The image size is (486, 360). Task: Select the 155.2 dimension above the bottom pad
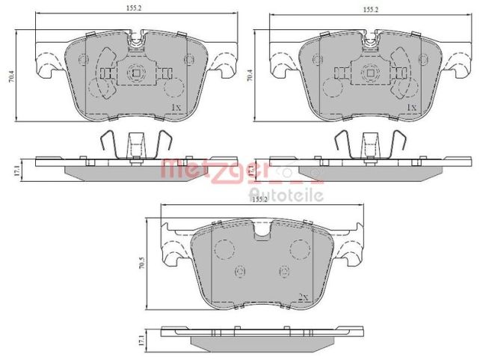click(259, 199)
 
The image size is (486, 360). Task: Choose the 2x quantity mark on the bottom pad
click(303, 297)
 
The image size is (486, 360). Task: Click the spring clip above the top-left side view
click(135, 144)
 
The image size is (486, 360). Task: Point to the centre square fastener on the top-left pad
click(135, 73)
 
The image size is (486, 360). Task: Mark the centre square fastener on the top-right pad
click(370, 73)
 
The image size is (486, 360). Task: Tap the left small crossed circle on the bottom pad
click(240, 271)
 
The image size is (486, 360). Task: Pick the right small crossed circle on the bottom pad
click(283, 271)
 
